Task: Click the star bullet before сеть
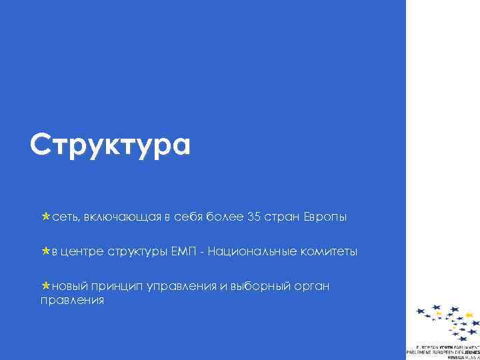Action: [45, 217]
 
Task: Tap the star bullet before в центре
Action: [45, 252]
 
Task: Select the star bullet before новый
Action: [45, 286]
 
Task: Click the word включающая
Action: [124, 217]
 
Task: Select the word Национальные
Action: [257, 252]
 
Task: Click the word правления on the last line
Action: [72, 301]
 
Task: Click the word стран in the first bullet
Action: [282, 217]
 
